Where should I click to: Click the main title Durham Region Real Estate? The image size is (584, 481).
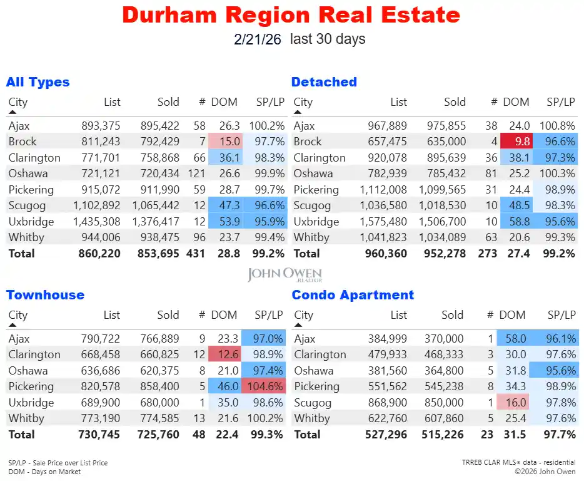pyautogui.click(x=291, y=14)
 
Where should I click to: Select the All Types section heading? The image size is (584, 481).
pyautogui.click(x=38, y=82)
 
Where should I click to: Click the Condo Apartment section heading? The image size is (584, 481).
pyautogui.click(x=353, y=295)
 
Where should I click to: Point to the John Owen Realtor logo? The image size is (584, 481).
pyautogui.click(x=284, y=274)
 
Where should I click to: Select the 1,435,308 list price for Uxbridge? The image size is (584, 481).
pyautogui.click(x=96, y=222)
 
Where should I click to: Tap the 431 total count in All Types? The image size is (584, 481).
pyautogui.click(x=196, y=254)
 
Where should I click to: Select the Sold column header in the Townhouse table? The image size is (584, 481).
pyautogui.click(x=168, y=315)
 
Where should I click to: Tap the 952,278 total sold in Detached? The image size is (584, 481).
pyautogui.click(x=445, y=254)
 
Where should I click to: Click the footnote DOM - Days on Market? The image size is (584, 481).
pyautogui.click(x=44, y=472)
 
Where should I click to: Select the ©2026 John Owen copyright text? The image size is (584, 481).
pyautogui.click(x=545, y=471)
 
